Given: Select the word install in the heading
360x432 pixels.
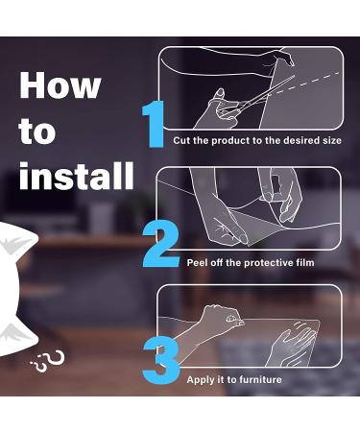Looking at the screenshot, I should (x=76, y=176).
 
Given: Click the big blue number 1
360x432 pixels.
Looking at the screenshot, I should (x=155, y=124).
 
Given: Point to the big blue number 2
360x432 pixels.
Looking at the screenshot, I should (x=160, y=245).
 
